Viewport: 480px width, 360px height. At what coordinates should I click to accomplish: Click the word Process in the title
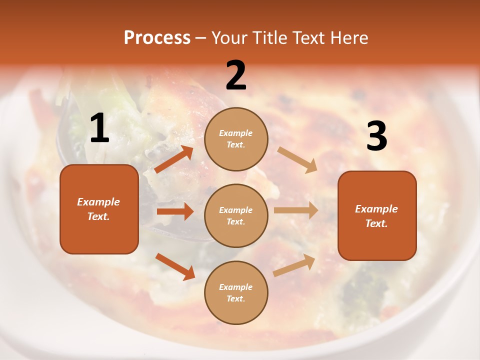coord(157,38)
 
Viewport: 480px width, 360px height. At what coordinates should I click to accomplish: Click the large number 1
coord(99,128)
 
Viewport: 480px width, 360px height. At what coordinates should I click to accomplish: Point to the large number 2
coord(236,75)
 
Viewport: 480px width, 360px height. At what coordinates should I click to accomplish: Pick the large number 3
coord(376,136)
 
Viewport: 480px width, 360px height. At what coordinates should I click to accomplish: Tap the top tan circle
coord(236,139)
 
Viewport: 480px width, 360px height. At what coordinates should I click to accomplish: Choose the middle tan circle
coord(236,215)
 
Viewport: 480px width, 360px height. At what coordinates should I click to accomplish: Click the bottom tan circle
coord(236,292)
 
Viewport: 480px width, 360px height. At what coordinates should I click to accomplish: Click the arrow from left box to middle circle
coord(175,211)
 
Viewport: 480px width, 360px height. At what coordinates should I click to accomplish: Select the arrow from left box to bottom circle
coord(175,266)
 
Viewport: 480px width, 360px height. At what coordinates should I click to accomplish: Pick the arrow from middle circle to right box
coord(295,210)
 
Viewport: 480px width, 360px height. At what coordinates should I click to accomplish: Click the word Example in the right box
coord(376,209)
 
